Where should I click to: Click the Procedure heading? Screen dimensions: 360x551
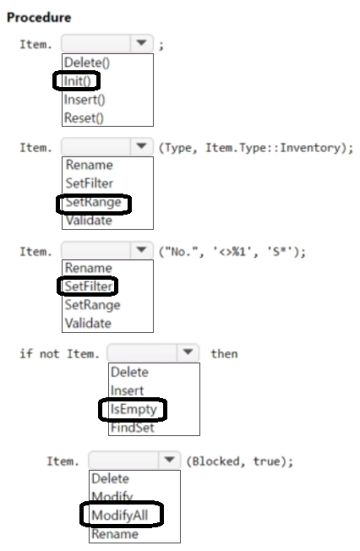tap(39, 17)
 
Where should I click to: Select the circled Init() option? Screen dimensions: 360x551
tap(77, 81)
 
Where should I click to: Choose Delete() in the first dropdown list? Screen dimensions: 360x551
tap(87, 63)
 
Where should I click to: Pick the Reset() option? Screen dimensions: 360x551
tap(84, 117)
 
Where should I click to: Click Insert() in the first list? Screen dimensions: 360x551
tap(85, 100)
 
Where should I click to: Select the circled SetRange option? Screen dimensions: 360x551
tap(93, 202)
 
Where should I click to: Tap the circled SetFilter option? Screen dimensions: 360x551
tap(89, 286)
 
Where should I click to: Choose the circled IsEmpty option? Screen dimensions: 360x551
tap(134, 409)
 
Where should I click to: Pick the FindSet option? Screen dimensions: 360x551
tap(132, 428)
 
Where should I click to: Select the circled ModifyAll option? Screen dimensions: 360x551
tap(119, 516)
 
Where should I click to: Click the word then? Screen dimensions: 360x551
tap(224, 353)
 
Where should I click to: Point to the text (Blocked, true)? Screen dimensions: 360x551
tap(239, 461)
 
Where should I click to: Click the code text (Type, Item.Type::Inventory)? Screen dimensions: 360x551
tap(256, 148)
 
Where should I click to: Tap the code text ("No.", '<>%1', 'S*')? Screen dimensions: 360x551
tap(232, 252)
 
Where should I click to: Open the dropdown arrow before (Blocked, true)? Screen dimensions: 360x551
tap(170, 460)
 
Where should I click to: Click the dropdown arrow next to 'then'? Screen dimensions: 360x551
tap(188, 352)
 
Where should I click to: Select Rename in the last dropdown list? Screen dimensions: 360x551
tap(115, 533)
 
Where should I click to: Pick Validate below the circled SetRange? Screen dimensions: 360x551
tap(89, 221)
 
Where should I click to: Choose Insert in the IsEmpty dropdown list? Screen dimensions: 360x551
tap(127, 390)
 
